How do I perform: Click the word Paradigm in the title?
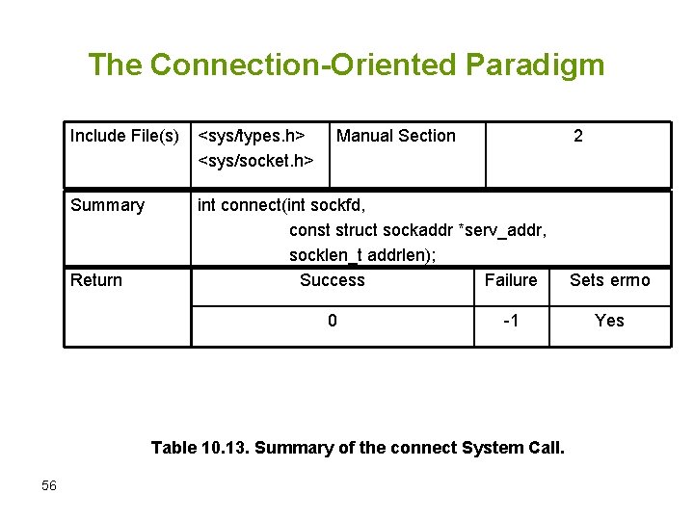[535, 65]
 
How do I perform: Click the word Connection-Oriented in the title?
[305, 65]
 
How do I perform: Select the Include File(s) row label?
[124, 137]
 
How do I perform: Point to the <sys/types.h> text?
[252, 137]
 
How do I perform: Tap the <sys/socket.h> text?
[255, 160]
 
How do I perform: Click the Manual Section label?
[396, 137]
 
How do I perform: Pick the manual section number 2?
[577, 137]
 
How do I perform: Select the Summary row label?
[107, 205]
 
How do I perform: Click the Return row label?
[96, 280]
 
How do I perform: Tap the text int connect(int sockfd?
[281, 205]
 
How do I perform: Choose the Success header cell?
[333, 280]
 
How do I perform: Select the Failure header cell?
[511, 280]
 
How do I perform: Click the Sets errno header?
[609, 280]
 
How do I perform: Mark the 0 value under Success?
[333, 321]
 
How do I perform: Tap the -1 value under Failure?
[511, 321]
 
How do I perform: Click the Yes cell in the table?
[609, 321]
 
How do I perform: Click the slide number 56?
[49, 486]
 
